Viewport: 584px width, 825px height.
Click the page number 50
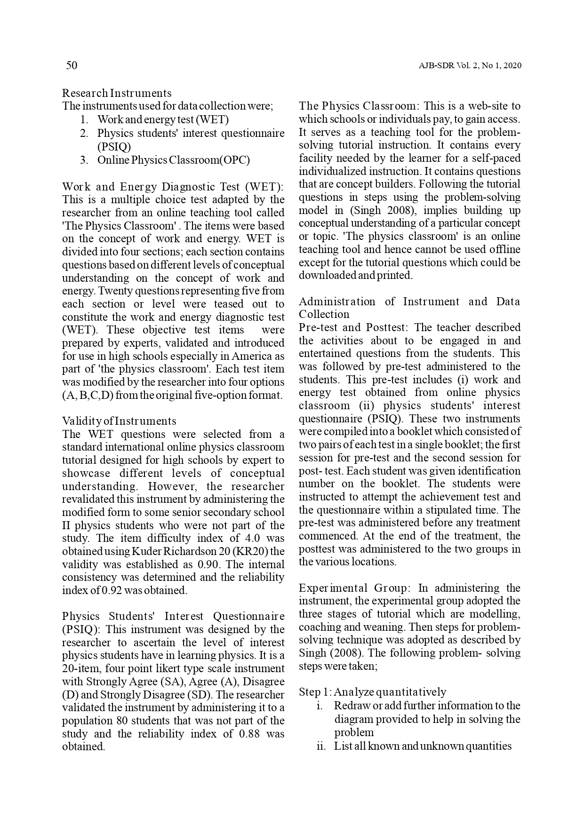tap(72, 65)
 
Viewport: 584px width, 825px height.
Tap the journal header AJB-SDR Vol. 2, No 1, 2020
tap(470, 66)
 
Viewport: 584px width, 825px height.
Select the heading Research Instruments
tap(117, 93)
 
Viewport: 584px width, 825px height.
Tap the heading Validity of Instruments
tap(119, 421)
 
